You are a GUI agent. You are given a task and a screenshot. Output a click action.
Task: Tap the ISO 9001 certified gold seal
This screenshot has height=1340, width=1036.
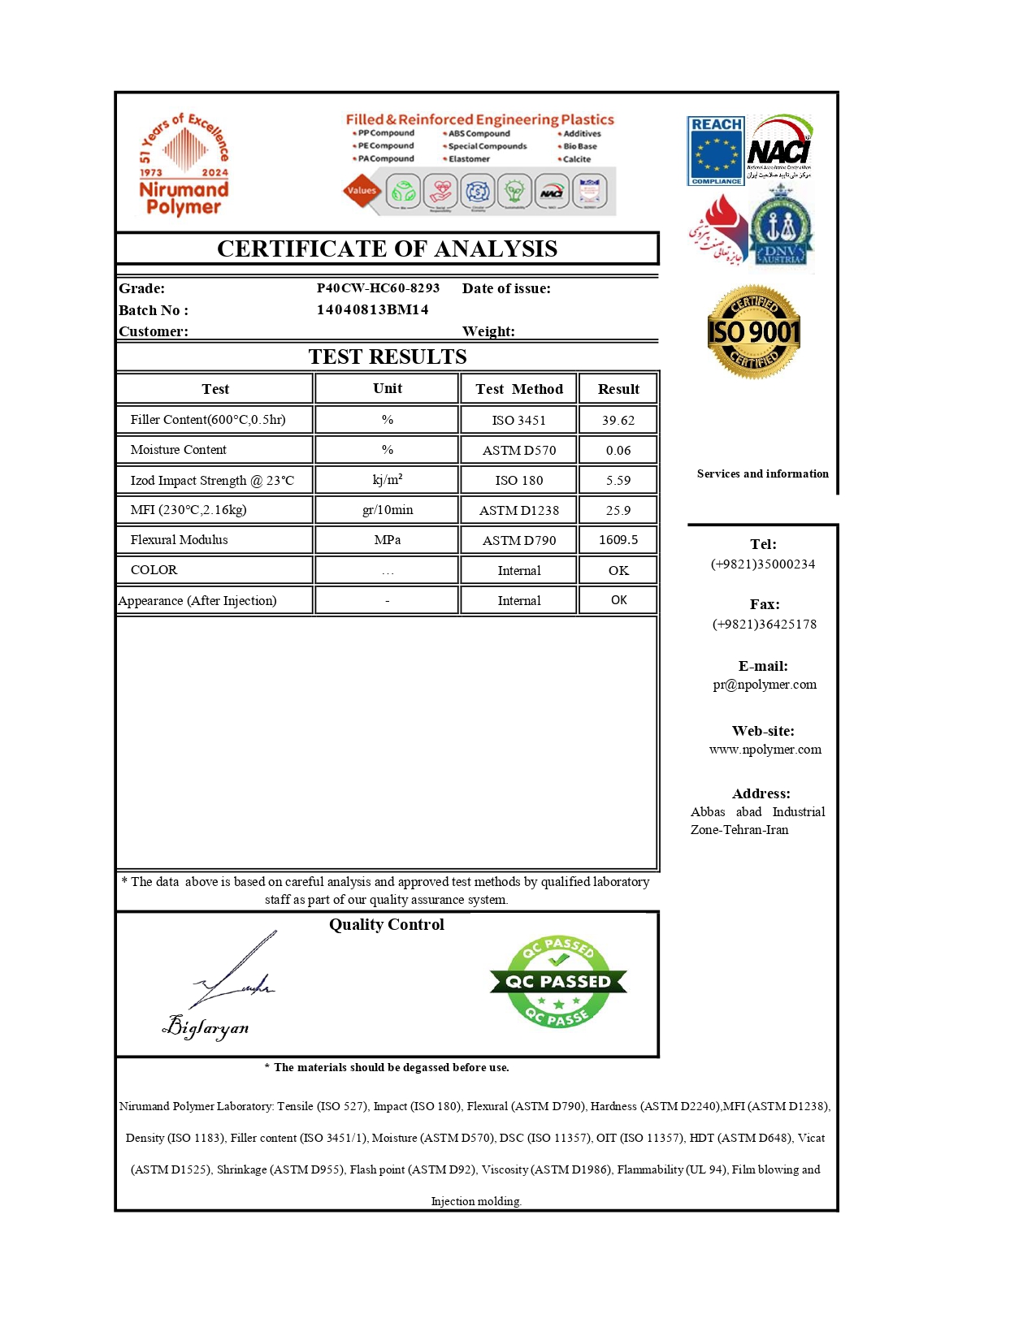point(754,331)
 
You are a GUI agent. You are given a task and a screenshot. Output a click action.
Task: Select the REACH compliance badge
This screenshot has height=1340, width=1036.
point(715,151)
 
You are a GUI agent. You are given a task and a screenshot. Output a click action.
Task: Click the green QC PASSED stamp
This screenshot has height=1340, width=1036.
point(558,981)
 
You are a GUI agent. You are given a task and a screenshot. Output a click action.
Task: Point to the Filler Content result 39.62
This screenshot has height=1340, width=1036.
point(618,420)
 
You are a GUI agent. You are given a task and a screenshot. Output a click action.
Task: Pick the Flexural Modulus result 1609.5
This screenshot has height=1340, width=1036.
point(618,540)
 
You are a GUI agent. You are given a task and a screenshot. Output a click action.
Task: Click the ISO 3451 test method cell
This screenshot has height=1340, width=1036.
point(518,420)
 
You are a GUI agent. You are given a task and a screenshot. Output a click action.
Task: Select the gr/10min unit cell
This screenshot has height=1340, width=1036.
point(387,510)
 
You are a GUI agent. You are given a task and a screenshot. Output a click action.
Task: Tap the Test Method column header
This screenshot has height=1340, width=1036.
point(518,389)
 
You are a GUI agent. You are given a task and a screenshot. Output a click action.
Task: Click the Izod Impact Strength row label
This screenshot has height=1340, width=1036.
point(212,480)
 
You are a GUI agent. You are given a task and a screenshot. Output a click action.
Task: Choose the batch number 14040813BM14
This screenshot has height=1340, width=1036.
point(372,309)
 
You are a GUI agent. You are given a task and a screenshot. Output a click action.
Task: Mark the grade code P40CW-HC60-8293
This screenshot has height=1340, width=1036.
point(378,287)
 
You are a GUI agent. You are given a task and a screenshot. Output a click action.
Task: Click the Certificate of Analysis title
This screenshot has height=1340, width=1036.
point(387,249)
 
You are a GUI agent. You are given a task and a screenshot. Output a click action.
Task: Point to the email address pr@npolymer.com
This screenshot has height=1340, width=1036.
point(764,684)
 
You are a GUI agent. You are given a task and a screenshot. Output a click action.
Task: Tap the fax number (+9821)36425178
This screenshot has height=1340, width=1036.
point(764,624)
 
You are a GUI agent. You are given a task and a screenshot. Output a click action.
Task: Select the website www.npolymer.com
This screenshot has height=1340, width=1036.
point(765,749)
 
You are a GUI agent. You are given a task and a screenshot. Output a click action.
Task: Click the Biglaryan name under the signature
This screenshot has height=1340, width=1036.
point(206,1027)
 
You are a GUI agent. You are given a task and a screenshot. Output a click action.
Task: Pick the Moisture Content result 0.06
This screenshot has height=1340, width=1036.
point(618,450)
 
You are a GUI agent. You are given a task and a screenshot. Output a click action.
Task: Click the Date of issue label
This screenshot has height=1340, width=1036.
point(506,288)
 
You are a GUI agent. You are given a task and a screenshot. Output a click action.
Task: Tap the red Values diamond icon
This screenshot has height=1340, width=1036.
point(362,191)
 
